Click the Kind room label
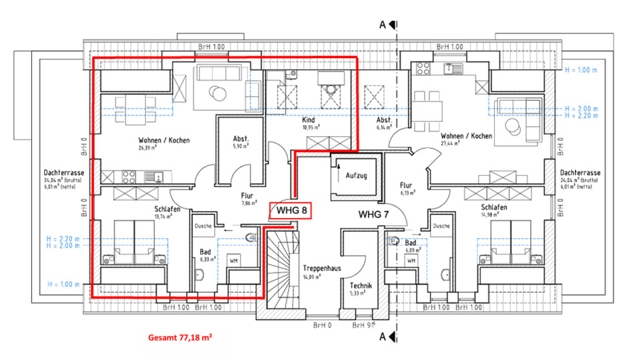(308, 118)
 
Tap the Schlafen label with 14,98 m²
(494, 207)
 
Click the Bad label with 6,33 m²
(205, 253)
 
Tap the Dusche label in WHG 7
(440, 226)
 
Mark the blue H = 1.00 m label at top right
(582, 70)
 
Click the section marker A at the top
(383, 25)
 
